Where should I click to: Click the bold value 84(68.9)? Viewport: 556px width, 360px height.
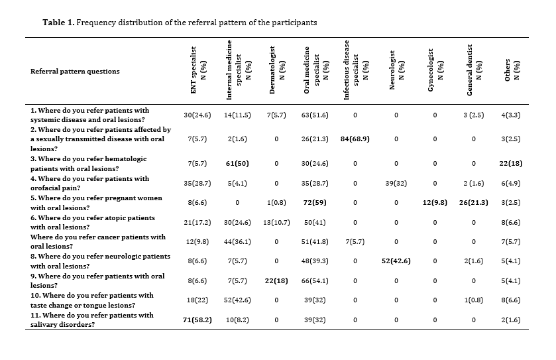click(355, 139)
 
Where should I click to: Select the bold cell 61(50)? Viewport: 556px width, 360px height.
click(237, 164)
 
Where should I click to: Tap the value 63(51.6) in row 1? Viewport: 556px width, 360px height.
click(315, 115)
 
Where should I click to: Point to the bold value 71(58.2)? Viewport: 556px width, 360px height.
click(197, 320)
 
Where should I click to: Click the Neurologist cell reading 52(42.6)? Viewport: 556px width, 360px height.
click(396, 261)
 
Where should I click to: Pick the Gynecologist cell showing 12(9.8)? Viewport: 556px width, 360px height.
click(435, 202)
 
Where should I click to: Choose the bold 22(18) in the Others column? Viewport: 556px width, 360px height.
click(511, 164)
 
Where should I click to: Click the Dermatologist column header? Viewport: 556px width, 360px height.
click(276, 70)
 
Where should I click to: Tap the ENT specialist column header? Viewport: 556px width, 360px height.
click(198, 70)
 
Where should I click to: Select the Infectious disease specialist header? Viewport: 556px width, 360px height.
click(351, 70)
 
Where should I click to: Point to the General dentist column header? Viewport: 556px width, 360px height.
click(474, 70)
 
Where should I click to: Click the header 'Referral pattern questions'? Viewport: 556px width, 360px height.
click(75, 72)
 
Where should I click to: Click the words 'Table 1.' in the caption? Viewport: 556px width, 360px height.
click(58, 23)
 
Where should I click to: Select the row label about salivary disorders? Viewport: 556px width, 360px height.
click(92, 320)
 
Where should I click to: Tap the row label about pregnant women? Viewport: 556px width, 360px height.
click(96, 202)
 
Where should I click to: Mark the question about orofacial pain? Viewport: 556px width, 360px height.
click(89, 183)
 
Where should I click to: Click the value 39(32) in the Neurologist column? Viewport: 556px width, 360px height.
click(396, 184)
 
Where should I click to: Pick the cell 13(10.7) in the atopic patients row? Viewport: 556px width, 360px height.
click(276, 222)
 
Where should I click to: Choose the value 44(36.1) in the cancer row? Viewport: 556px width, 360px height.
click(237, 241)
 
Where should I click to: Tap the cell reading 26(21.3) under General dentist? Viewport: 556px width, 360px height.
click(473, 202)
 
